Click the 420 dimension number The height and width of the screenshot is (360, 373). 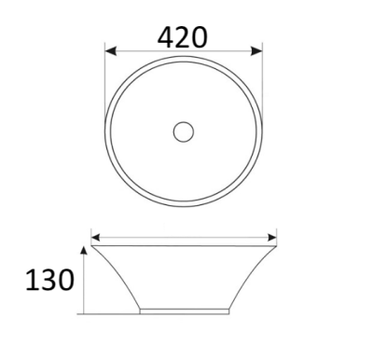[x=182, y=37]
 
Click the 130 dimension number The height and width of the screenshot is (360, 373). [x=49, y=280]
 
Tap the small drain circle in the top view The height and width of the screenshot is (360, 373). [x=184, y=132]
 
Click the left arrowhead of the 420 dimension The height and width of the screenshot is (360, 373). [x=111, y=50]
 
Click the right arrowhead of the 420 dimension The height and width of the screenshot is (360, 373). [x=256, y=50]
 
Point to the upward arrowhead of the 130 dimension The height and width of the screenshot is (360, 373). [x=83, y=250]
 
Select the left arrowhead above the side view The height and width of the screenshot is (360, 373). [x=95, y=238]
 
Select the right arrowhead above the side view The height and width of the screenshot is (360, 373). [x=272, y=238]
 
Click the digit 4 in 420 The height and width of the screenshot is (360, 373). [x=166, y=37]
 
